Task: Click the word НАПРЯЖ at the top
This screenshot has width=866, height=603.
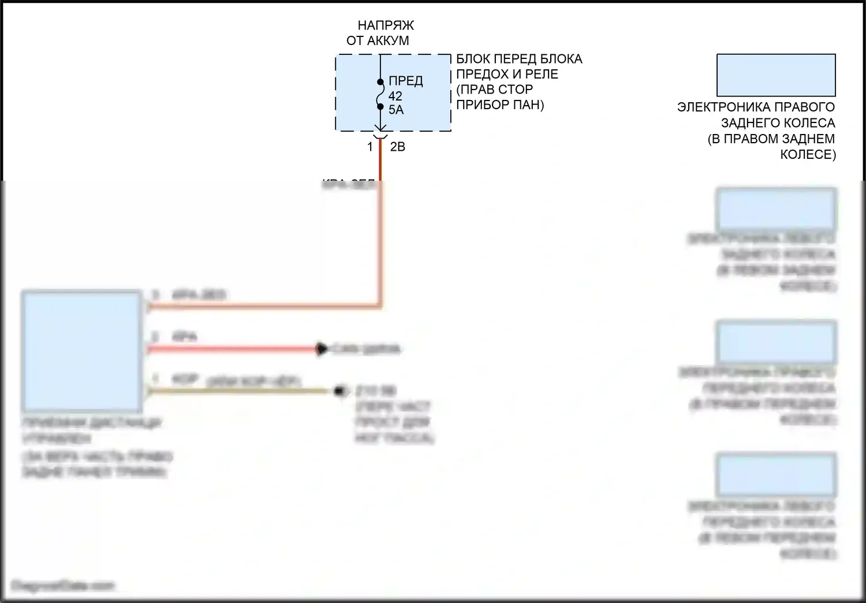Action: [x=386, y=25]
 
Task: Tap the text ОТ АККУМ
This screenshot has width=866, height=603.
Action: [x=378, y=40]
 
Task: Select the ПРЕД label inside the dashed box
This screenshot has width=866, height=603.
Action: [x=405, y=81]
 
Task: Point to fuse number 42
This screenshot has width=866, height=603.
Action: [x=395, y=96]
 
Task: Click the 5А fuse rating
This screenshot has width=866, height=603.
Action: [x=396, y=110]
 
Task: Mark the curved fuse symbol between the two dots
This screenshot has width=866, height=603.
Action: [x=380, y=94]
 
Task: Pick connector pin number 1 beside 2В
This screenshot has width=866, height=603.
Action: [x=370, y=147]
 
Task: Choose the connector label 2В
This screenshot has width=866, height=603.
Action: [x=397, y=147]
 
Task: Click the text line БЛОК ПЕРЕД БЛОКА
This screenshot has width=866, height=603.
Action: [x=519, y=59]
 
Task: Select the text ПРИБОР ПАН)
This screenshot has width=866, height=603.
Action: [x=500, y=105]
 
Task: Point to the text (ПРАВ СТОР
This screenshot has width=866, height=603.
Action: [x=494, y=90]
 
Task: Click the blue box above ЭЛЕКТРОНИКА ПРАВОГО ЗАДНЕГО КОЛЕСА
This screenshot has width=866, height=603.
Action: [x=776, y=75]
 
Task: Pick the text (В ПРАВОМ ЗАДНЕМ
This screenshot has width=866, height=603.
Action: [x=771, y=139]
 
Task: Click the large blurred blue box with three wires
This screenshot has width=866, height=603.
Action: [x=81, y=351]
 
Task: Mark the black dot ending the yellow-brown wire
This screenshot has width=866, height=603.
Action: [x=341, y=391]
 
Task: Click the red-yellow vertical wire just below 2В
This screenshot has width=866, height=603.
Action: [x=380, y=162]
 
